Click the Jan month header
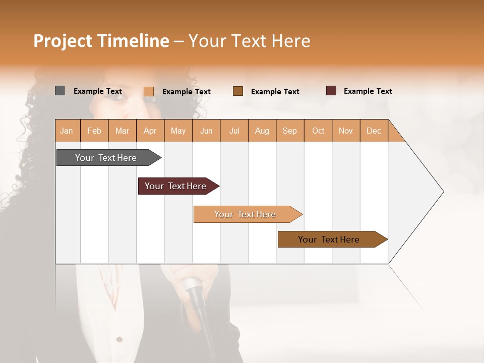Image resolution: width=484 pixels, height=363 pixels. point(67,131)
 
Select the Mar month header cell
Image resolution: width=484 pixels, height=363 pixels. point(122,131)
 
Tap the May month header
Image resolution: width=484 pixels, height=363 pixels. point(178,131)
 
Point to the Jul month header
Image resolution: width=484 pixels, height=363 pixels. point(234,131)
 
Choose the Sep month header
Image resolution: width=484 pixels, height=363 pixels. point(289,131)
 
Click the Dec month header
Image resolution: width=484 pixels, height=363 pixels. point(374,131)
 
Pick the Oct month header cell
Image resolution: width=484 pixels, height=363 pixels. point(318,131)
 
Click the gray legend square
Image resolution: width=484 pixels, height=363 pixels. point(59,91)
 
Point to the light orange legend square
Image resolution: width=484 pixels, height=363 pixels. point(149,91)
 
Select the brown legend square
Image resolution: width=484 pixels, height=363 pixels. point(238,91)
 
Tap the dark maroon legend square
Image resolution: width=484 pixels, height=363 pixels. point(331,91)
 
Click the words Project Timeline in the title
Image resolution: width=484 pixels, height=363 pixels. point(101,41)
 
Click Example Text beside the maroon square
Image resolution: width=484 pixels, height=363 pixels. point(368,91)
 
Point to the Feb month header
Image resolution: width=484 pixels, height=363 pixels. point(94,131)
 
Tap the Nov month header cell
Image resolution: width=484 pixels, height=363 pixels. point(346,131)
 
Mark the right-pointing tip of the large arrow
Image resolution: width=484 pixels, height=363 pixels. point(443,192)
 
